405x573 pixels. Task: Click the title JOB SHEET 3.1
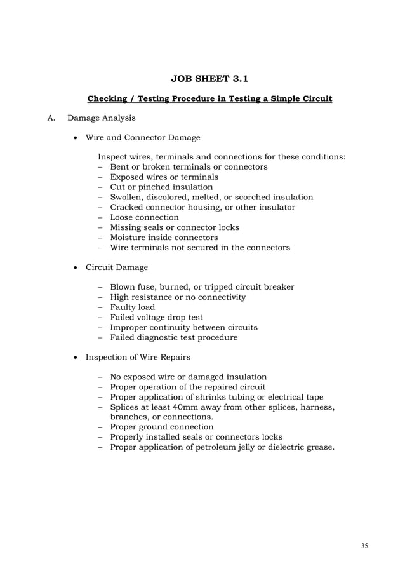[x=210, y=79]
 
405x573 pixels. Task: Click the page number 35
[x=364, y=546]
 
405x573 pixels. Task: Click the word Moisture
[x=129, y=237]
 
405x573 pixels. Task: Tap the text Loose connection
[x=145, y=217]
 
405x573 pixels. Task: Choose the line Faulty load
[x=133, y=307]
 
